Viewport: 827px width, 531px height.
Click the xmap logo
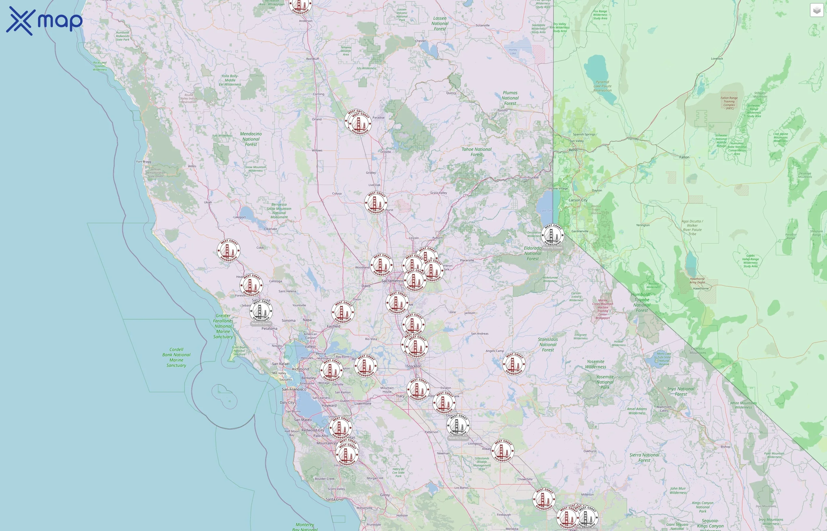tap(44, 21)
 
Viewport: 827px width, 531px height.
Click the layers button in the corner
tap(816, 11)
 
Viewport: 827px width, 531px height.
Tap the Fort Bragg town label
tap(144, 162)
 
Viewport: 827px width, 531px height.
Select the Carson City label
tap(578, 200)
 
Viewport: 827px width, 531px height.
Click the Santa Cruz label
tap(334, 499)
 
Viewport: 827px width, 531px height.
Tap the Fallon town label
tap(684, 158)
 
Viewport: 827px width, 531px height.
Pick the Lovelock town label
tap(717, 59)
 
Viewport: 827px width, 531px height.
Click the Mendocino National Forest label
tap(251, 139)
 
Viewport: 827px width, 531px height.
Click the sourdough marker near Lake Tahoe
tap(553, 235)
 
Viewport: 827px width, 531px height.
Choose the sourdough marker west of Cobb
tap(229, 251)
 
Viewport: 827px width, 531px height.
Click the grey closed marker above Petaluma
tap(261, 311)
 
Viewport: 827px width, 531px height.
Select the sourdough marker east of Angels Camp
tap(514, 364)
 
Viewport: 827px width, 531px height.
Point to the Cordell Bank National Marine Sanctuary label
tap(176, 358)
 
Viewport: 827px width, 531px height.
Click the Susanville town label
tap(483, 25)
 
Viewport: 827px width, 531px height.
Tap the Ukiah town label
tap(208, 202)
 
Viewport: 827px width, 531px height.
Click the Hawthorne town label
tap(701, 289)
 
